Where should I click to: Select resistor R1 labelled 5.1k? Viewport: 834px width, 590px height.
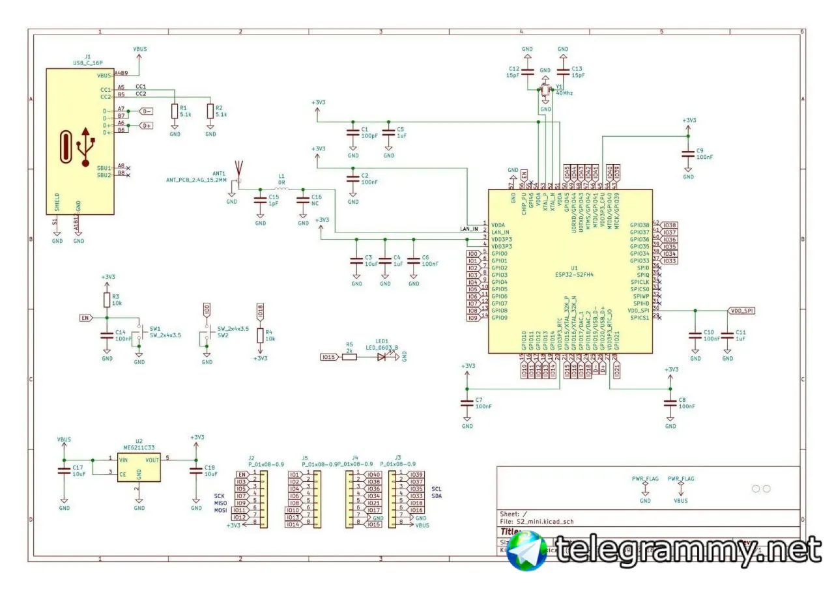point(175,111)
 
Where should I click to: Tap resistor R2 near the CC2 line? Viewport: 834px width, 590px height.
point(210,111)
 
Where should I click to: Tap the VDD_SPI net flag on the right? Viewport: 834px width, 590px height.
point(741,311)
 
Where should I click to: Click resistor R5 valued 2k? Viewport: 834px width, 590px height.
point(349,357)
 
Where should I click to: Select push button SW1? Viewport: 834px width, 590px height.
point(139,334)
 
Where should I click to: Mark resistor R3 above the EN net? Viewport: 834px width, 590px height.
point(107,300)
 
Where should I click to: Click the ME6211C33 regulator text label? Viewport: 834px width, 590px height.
point(139,448)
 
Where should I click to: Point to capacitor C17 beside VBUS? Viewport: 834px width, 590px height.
point(64,471)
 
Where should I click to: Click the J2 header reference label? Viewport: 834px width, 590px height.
point(252,457)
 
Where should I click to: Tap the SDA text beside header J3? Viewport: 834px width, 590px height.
point(437,496)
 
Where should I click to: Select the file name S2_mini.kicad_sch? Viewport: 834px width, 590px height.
point(544,522)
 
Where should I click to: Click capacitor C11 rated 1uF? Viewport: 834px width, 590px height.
point(727,335)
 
